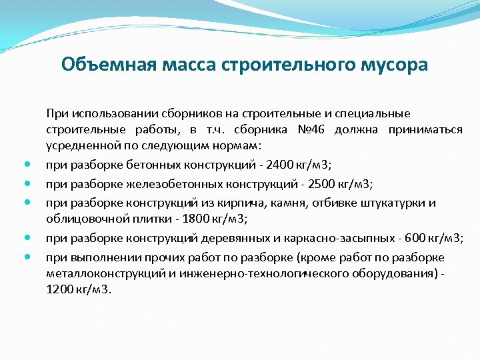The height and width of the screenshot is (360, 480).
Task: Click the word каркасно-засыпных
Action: tap(329, 239)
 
